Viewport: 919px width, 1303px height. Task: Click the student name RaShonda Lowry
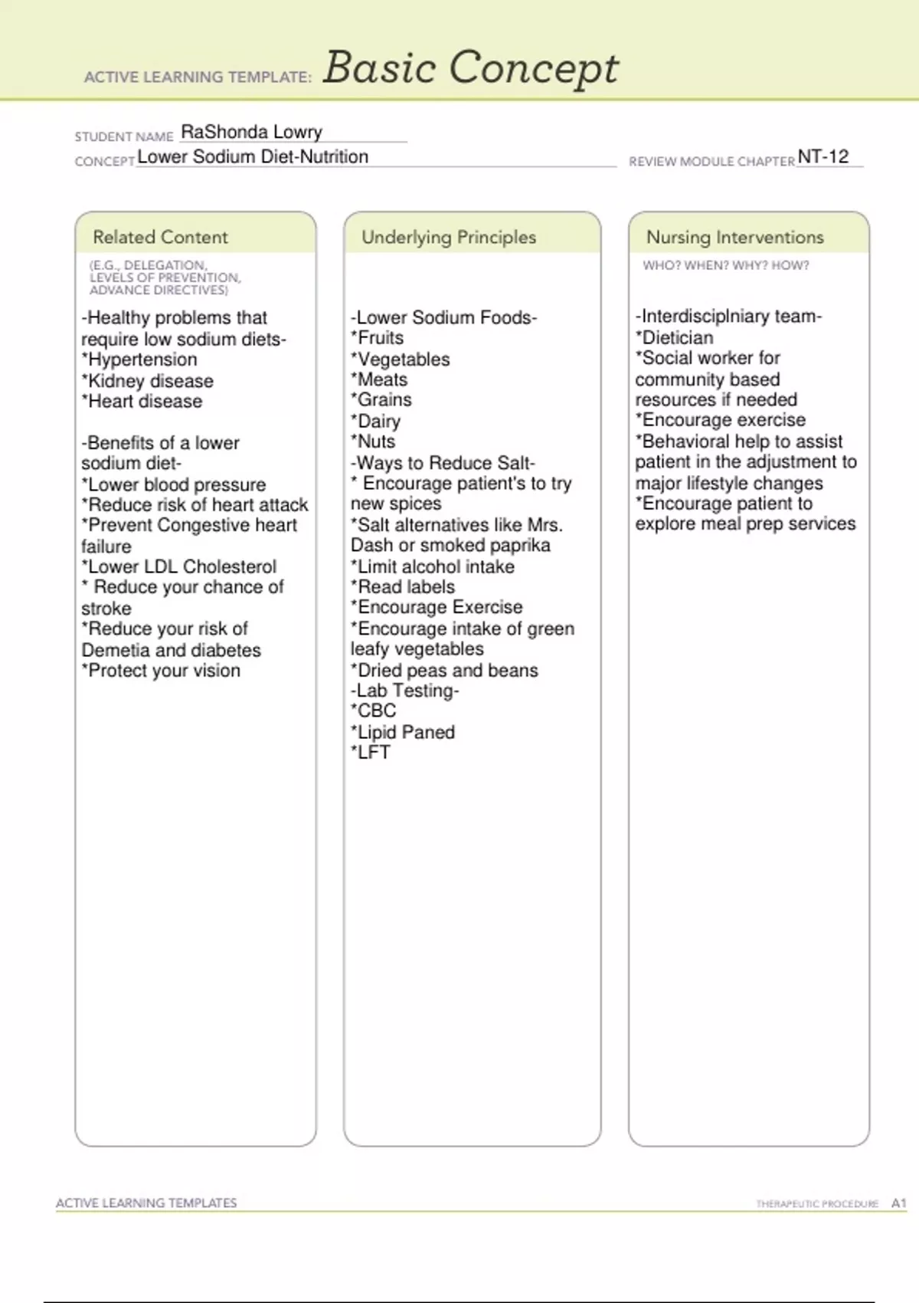tap(251, 132)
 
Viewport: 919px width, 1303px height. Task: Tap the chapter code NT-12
tap(823, 156)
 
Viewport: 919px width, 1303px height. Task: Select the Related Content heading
tap(160, 237)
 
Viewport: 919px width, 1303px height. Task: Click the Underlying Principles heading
tap(449, 237)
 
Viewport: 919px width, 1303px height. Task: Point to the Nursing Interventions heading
tap(734, 237)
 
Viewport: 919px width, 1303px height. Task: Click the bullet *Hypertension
tap(139, 359)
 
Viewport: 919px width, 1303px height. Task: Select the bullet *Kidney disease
tap(148, 381)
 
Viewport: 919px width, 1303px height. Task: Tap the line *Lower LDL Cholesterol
tap(179, 566)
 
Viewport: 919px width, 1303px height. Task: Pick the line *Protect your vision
tap(161, 671)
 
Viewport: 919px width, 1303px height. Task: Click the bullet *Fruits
tap(377, 338)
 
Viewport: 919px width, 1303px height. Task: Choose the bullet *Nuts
tap(373, 441)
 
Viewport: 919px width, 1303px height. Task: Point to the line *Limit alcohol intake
tap(433, 566)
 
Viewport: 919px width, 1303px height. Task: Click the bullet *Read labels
tap(403, 587)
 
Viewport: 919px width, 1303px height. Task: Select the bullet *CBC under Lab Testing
tap(374, 711)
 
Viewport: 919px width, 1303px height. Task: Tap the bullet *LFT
tap(371, 753)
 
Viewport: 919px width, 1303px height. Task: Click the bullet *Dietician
tap(674, 337)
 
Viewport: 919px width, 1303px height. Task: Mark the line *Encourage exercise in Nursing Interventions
tap(720, 420)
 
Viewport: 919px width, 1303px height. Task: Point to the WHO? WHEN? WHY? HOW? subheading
tap(725, 265)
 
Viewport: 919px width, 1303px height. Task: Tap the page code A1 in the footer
tap(898, 1203)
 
